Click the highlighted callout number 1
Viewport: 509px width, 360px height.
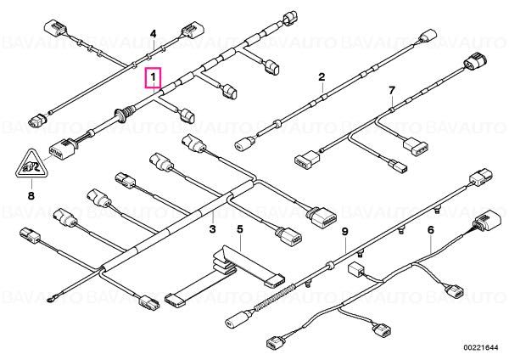pos(153,78)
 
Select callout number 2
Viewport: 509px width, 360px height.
pos(322,77)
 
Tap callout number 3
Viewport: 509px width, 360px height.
pos(212,229)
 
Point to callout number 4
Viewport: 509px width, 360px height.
pos(153,34)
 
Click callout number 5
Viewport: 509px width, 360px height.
pos(239,229)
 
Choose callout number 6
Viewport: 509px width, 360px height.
pos(430,230)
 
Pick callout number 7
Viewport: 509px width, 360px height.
pos(392,90)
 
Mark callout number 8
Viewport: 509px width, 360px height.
pos(31,196)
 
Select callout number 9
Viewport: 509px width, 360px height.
pos(344,232)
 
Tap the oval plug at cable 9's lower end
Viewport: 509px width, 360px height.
pos(238,318)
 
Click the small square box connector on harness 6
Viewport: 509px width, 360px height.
pos(355,270)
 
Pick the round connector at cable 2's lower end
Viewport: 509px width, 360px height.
pos(243,143)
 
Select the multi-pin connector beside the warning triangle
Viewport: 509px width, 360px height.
pos(62,149)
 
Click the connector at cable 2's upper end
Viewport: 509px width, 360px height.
pos(429,37)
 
